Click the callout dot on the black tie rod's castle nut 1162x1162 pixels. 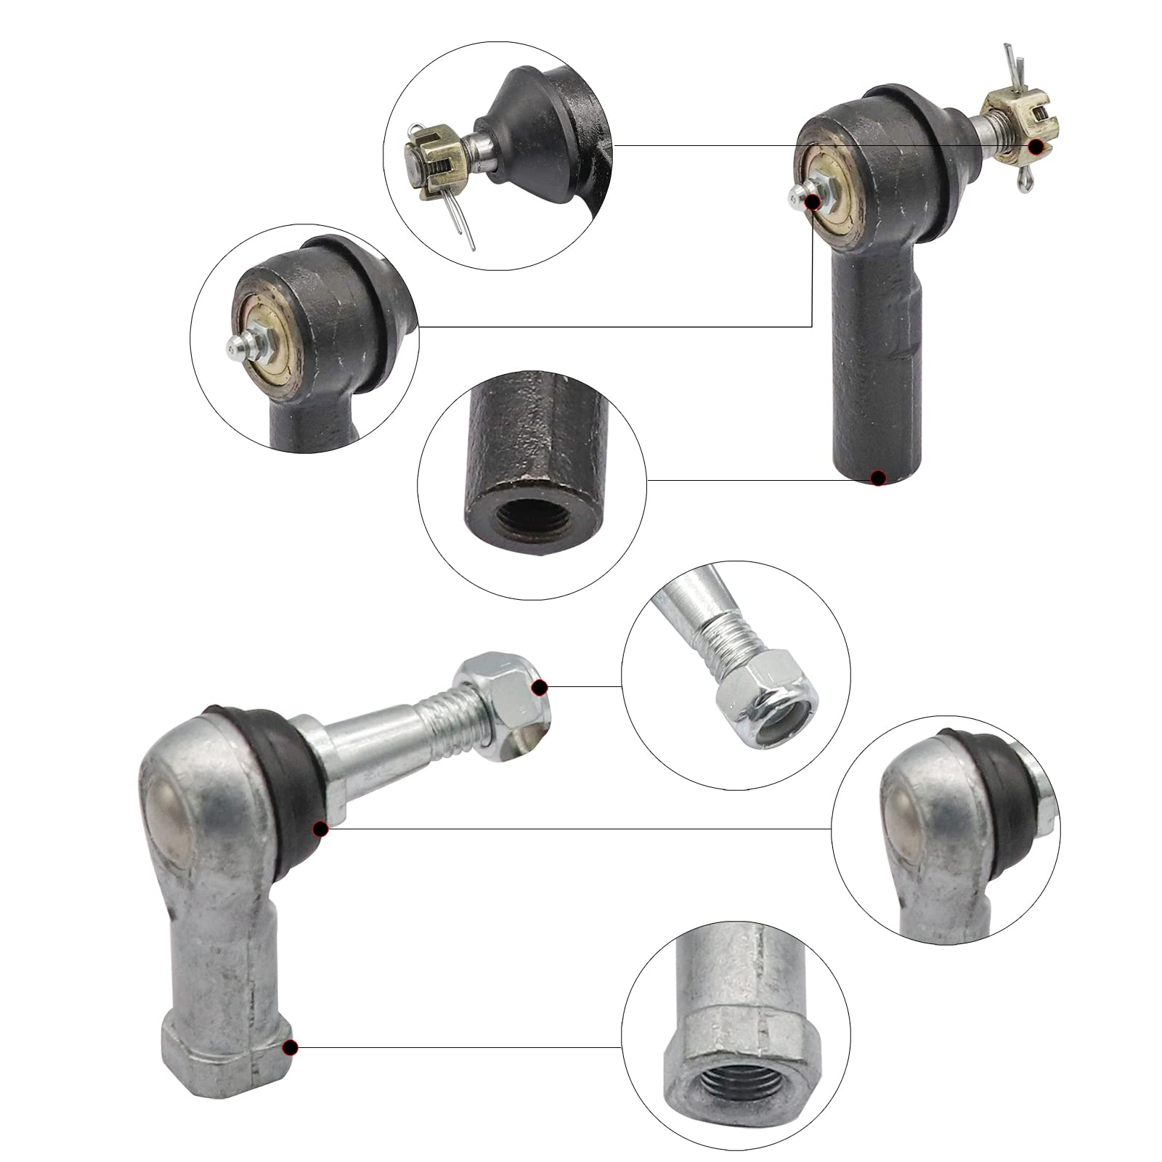click(1038, 146)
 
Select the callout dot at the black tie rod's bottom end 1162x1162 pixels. click(878, 477)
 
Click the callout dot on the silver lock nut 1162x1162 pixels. click(539, 687)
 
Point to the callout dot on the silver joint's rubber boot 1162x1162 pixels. click(320, 828)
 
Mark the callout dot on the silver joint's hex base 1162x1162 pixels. click(290, 1047)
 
